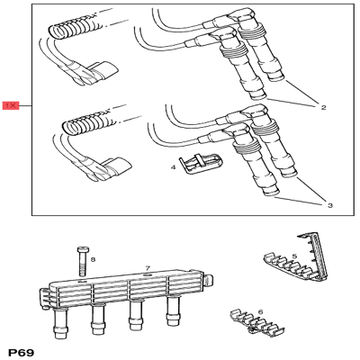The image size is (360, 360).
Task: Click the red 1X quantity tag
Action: tap(11, 105)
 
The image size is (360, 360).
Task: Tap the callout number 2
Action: tap(323, 107)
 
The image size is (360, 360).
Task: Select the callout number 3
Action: tap(329, 205)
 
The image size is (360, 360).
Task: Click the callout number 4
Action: tap(173, 167)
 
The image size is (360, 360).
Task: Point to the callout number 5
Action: tap(294, 256)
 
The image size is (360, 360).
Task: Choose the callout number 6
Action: tap(260, 312)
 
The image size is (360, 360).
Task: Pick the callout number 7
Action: tap(148, 267)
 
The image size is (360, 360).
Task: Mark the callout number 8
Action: tap(93, 259)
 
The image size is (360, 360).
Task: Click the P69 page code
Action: tap(22, 352)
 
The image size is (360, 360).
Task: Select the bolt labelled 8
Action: tap(82, 261)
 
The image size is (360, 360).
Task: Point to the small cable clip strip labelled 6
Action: tap(256, 322)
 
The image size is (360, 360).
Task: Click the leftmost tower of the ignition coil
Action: tap(59, 324)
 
